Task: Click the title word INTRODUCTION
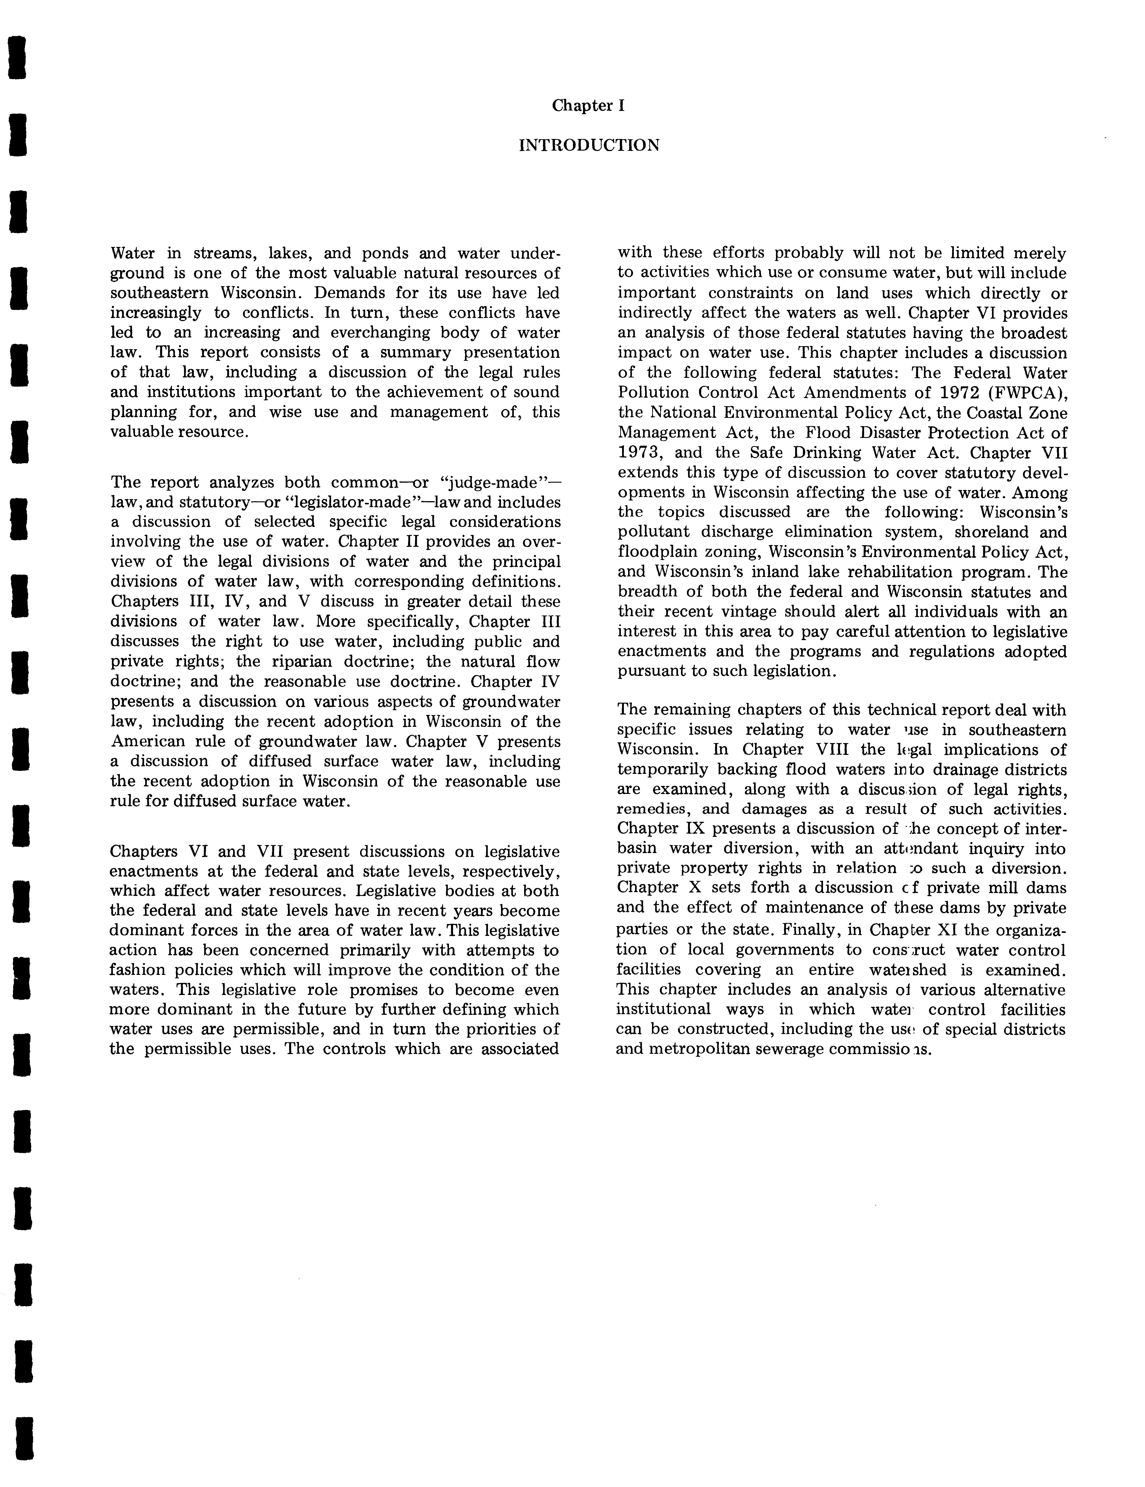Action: coord(588,145)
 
